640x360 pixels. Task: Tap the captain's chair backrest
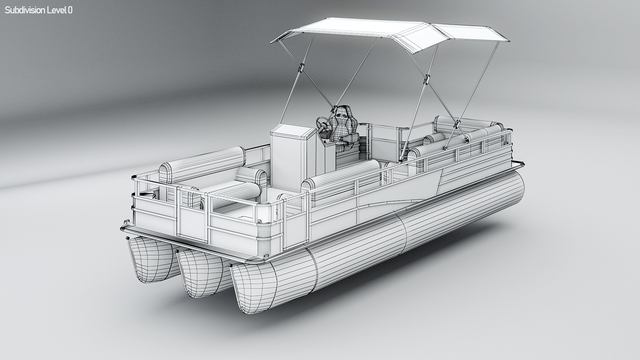(344, 119)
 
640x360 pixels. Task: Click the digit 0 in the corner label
(70, 10)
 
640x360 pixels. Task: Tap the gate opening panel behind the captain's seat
(383, 143)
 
